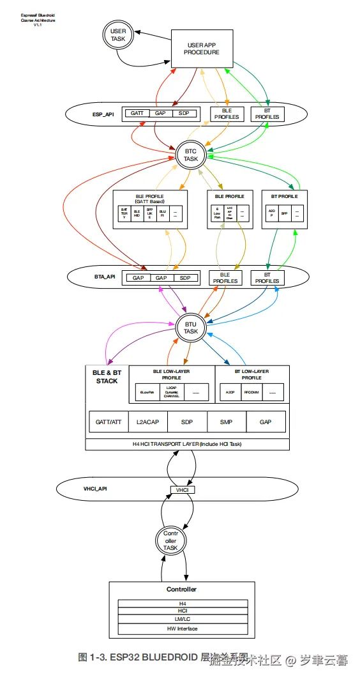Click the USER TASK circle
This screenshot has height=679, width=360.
(119, 35)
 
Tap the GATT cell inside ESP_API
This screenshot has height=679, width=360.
(137, 113)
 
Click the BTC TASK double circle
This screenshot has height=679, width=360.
(191, 155)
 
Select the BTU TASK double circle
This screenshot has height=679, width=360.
(191, 328)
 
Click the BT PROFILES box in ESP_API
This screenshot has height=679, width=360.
(267, 114)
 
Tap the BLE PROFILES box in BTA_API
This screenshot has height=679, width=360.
(225, 277)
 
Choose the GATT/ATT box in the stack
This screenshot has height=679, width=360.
(109, 422)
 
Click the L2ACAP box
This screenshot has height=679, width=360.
(147, 422)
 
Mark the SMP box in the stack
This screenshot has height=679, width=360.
(226, 422)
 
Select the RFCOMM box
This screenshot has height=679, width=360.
(251, 393)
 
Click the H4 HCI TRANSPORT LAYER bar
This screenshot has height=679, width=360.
(187, 444)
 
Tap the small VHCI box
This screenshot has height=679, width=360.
(182, 489)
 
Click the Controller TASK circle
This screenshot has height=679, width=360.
(170, 540)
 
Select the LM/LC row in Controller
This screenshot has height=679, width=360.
(182, 620)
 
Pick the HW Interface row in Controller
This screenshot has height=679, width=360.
(182, 629)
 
